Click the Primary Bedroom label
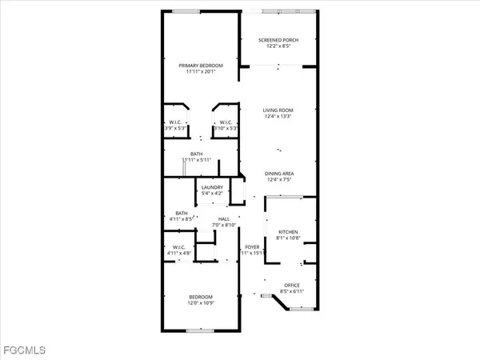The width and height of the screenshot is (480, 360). click(200, 65)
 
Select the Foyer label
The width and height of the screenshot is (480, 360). click(252, 247)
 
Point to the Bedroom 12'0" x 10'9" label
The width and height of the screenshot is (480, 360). click(201, 297)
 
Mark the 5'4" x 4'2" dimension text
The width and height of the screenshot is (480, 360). click(212, 194)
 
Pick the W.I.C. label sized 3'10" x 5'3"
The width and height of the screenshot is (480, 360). click(226, 122)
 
